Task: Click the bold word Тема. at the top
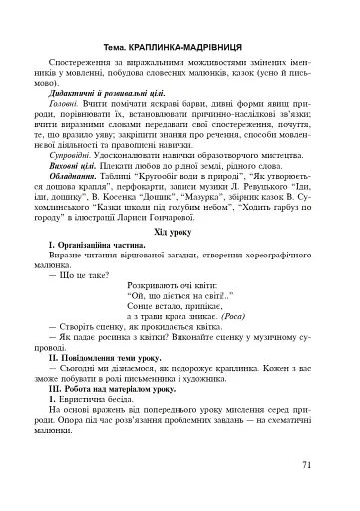(x=117, y=47)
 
